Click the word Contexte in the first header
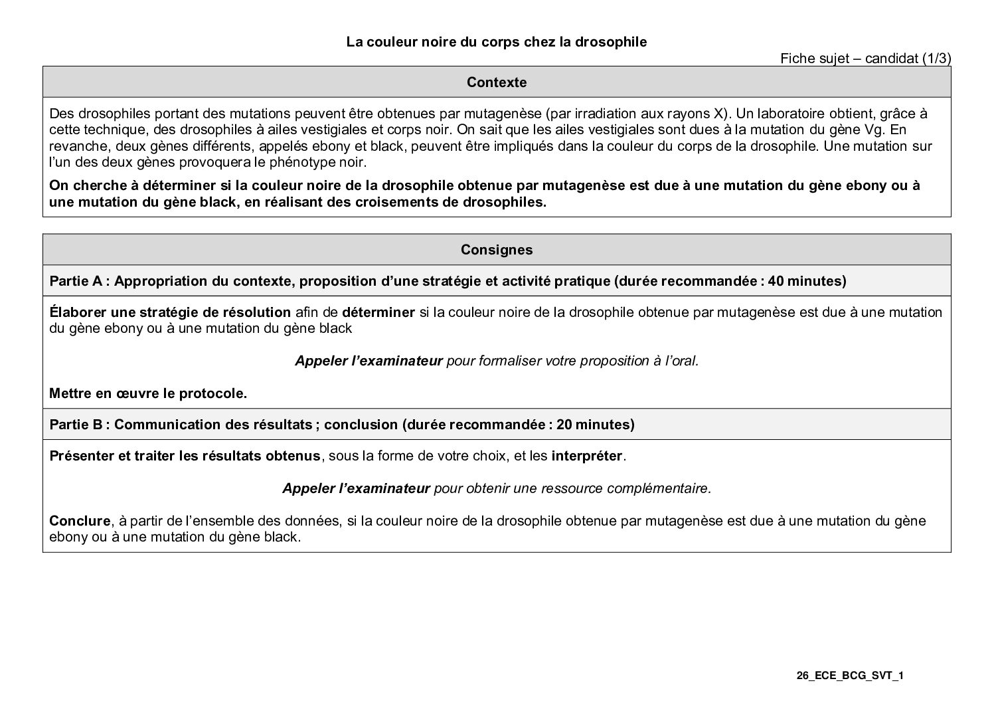497,82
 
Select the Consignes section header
497,250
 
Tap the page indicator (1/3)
937,58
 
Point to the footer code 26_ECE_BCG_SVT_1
851,676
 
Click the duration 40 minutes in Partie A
805,281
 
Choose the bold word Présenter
80,456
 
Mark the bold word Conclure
80,521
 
